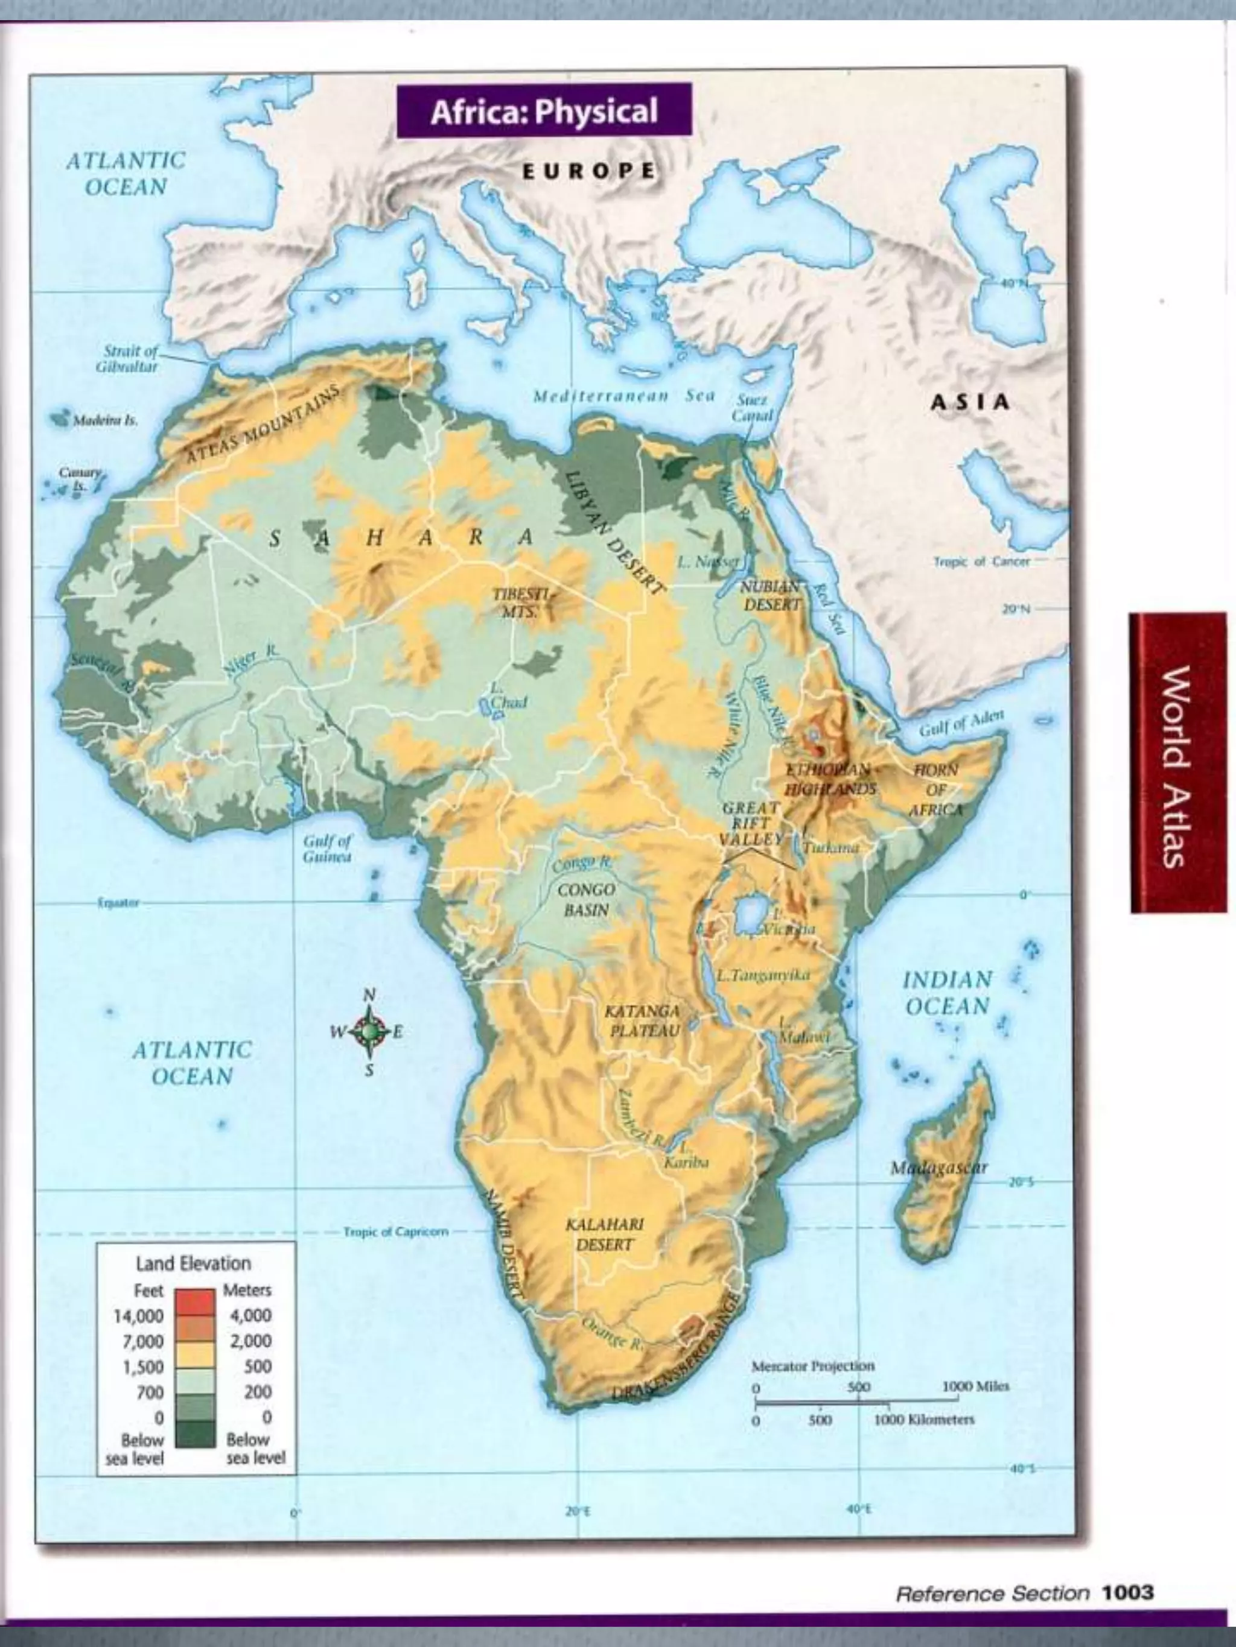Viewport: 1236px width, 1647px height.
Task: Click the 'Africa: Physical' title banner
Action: (543, 111)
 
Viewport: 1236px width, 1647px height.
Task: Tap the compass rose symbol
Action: (369, 1031)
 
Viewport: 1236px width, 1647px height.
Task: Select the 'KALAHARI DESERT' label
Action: (604, 1234)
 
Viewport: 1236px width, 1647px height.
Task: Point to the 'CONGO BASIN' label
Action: (587, 899)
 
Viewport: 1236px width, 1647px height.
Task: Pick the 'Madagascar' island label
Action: (938, 1167)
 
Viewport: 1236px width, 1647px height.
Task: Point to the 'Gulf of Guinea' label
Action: (327, 849)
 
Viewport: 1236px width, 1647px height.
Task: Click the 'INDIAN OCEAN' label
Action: (947, 993)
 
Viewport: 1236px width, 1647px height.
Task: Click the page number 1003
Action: (1127, 1593)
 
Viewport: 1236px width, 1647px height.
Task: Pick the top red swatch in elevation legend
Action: (195, 1300)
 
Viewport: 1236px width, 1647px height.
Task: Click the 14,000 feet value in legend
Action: (139, 1316)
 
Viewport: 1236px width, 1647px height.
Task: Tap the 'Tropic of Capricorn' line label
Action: (396, 1231)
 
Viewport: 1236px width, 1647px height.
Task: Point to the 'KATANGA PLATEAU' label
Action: (642, 1020)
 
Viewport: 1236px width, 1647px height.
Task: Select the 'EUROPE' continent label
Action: (588, 171)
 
